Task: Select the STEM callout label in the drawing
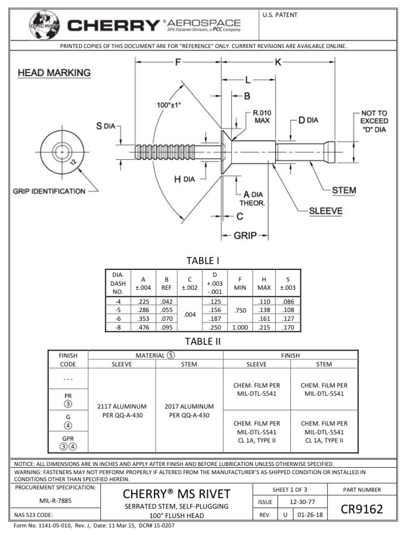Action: tap(344, 190)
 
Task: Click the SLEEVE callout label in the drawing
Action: tap(325, 211)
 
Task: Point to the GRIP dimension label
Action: tap(245, 236)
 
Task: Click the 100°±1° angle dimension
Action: tap(169, 105)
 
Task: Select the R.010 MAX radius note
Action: tap(262, 116)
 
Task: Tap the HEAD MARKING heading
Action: tap(54, 73)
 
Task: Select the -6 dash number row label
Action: tap(118, 318)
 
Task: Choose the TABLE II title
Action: tap(203, 341)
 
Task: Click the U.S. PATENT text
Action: tap(280, 15)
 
